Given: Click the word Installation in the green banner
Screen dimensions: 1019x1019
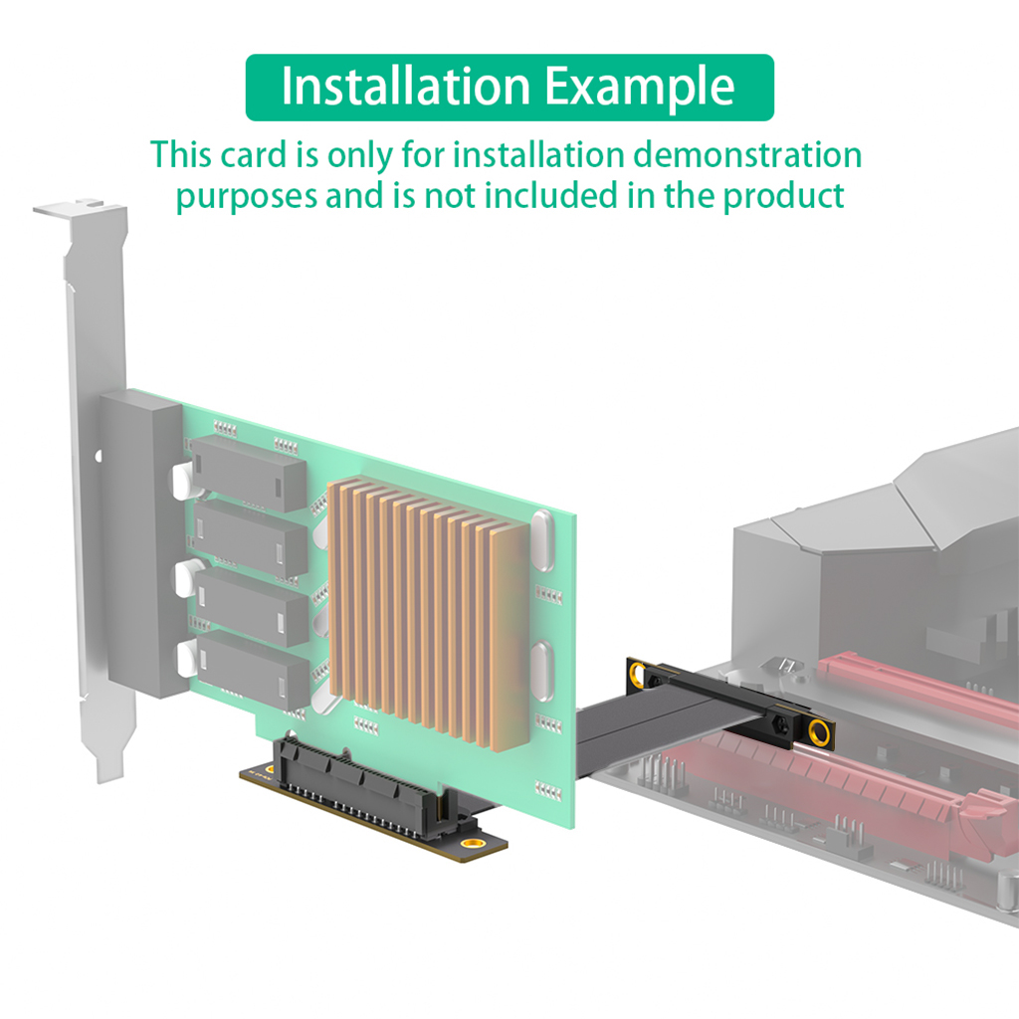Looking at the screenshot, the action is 406,87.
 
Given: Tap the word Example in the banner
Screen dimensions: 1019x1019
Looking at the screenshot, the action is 640,88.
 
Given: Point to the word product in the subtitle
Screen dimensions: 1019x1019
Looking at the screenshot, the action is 783,196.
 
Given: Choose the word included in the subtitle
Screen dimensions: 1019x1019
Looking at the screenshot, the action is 551,195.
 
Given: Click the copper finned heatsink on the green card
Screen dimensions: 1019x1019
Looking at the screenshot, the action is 430,612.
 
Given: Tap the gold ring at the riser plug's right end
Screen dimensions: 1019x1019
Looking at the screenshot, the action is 819,732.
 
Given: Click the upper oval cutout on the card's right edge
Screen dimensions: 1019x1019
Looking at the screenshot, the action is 542,540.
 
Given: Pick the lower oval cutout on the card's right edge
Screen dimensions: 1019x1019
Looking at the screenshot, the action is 542,671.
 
